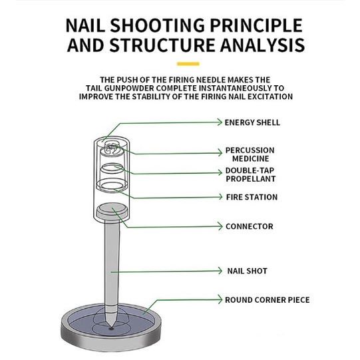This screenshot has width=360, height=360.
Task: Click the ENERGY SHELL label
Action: click(x=252, y=122)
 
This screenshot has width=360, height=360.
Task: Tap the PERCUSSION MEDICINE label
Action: click(x=250, y=154)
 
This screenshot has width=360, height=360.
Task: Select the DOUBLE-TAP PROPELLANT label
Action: click(x=250, y=174)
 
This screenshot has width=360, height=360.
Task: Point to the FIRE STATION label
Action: click(x=252, y=197)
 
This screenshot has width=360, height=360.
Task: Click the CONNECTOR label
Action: click(x=250, y=226)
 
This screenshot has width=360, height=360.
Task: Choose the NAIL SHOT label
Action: click(x=248, y=271)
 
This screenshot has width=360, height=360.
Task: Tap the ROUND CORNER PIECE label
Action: click(x=268, y=300)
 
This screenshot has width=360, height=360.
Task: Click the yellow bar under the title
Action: click(x=188, y=64)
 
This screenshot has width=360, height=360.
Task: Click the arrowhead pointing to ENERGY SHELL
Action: click(x=220, y=122)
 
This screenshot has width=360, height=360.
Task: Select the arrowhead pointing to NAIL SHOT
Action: click(x=220, y=271)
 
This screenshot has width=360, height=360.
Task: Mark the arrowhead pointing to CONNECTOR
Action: click(x=220, y=226)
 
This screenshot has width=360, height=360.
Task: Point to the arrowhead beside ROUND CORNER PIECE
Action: click(x=220, y=299)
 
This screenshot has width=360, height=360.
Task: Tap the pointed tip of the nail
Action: click(x=111, y=327)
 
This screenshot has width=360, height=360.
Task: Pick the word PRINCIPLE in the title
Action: click(x=256, y=25)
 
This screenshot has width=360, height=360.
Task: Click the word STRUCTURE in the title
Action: click(x=162, y=45)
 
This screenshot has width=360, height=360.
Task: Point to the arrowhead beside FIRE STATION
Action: click(x=220, y=197)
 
